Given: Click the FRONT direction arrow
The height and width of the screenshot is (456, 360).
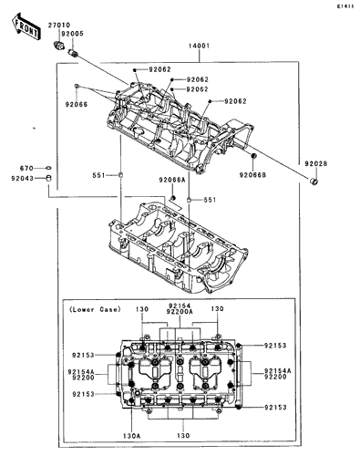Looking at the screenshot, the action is [26, 26].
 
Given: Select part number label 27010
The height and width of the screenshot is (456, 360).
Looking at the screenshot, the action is [59, 25].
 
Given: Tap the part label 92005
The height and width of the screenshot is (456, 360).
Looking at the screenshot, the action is [72, 34].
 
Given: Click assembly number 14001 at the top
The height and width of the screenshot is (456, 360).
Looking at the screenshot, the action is [199, 46].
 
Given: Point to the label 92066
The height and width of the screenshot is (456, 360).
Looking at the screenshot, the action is [77, 104].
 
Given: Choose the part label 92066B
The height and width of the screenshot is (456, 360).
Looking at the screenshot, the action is [252, 175].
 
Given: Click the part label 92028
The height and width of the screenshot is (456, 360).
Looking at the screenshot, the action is [316, 163].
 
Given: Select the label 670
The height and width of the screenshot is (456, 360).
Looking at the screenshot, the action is [26, 168].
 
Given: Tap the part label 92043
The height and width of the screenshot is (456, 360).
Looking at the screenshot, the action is [23, 179].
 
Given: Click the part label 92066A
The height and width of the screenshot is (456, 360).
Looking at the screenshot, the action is [172, 180].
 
